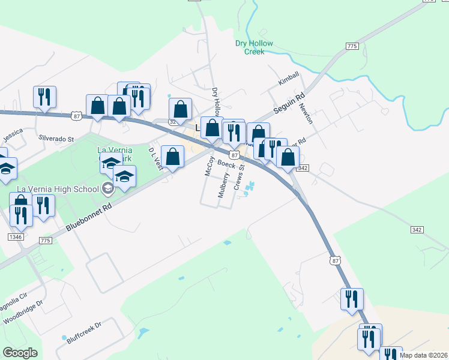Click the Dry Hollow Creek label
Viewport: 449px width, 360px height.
click(254, 47)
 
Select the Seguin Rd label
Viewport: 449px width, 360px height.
click(290, 103)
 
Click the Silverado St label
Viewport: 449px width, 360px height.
click(56, 138)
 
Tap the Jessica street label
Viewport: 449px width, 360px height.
click(13, 136)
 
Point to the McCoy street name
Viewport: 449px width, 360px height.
click(209, 166)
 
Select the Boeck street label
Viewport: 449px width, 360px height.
click(226, 164)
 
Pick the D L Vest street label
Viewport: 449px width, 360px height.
click(155, 160)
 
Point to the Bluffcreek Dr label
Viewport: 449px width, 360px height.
click(85, 332)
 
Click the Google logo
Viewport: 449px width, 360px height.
click(20, 353)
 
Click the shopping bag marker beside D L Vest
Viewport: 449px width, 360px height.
click(173, 157)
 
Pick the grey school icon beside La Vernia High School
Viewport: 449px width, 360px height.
click(108, 188)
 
